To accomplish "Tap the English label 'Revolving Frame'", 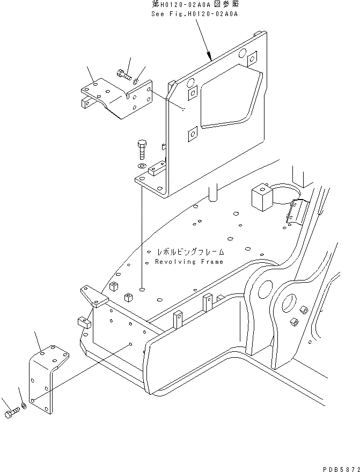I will [x=189, y=262].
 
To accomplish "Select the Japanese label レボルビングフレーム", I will [x=190, y=252].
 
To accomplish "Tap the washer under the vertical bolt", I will [x=141, y=166].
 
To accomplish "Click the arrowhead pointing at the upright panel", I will [x=211, y=56].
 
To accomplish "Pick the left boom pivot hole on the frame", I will [x=265, y=290].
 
